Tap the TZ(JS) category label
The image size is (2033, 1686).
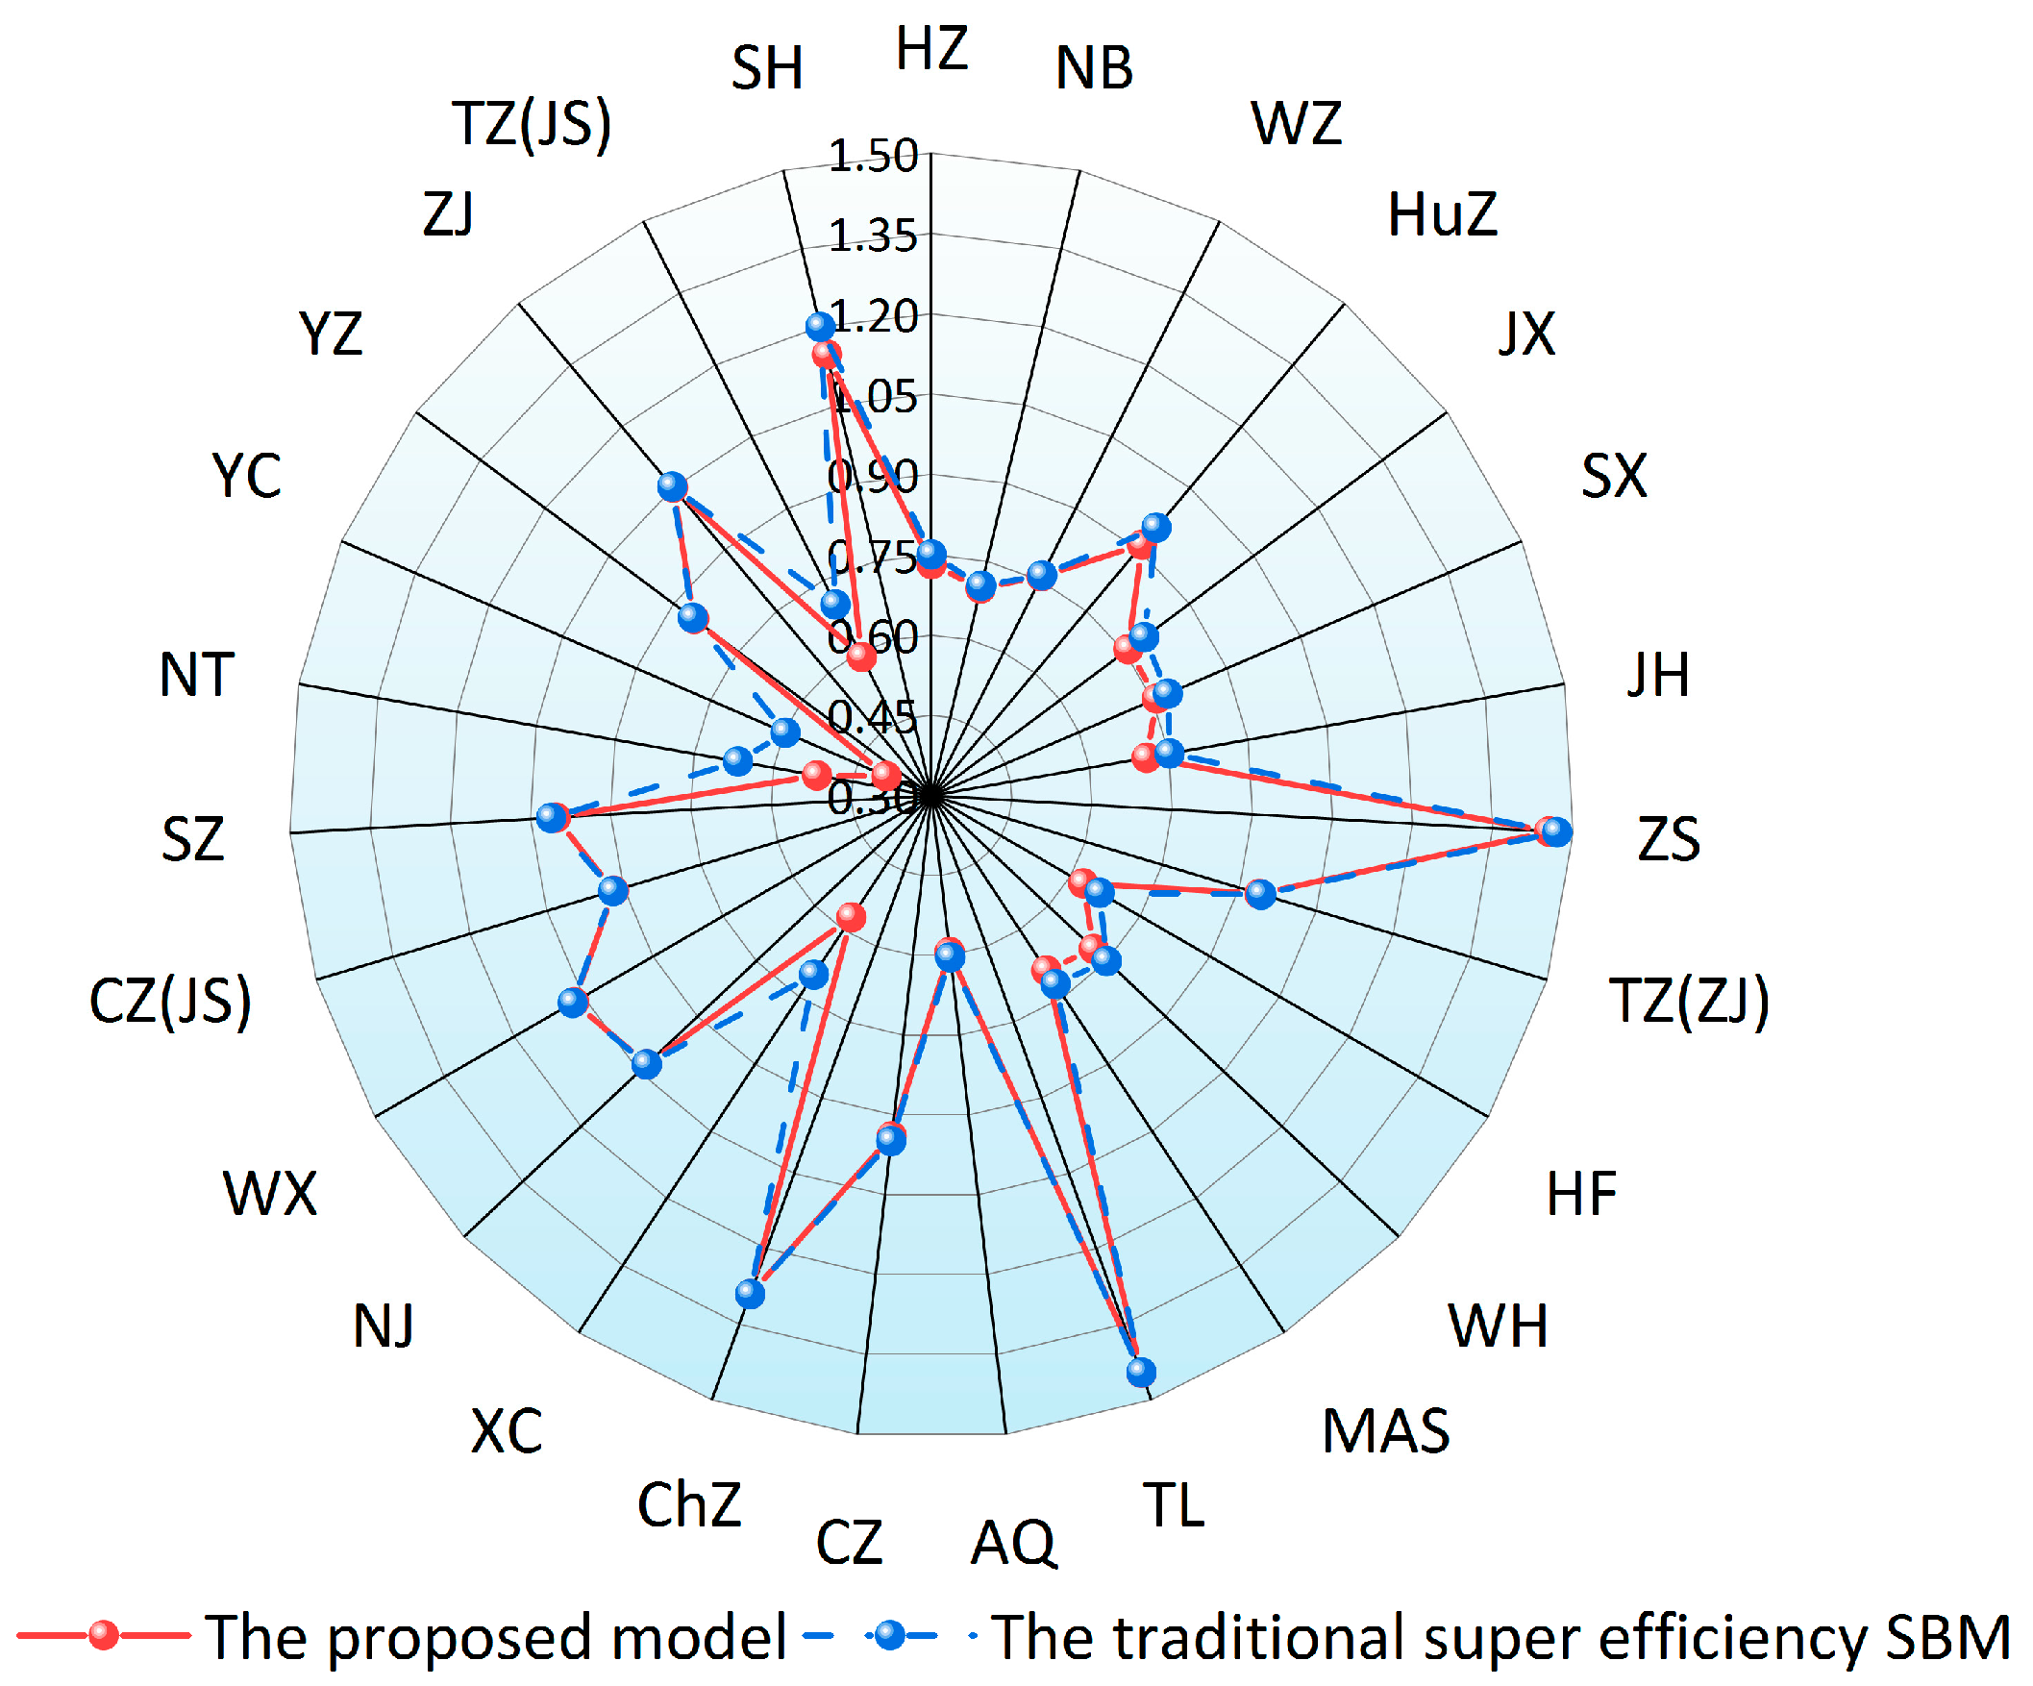pyautogui.click(x=532, y=125)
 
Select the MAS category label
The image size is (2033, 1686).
pyautogui.click(x=1385, y=1431)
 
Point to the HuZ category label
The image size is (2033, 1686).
pyautogui.click(x=1442, y=215)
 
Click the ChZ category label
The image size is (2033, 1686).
pyautogui.click(x=689, y=1506)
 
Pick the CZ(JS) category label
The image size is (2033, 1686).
pyautogui.click(x=170, y=1001)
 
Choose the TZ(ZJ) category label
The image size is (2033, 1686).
pyautogui.click(x=1688, y=1001)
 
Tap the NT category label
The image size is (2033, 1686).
pyautogui.click(x=196, y=675)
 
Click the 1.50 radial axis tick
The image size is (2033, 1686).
pyautogui.click(x=872, y=157)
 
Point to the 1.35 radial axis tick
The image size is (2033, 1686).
pyautogui.click(x=872, y=237)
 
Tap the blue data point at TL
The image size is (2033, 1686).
pyautogui.click(x=1141, y=1372)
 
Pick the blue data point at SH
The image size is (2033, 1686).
pyautogui.click(x=821, y=325)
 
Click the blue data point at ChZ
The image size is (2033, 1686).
pyautogui.click(x=750, y=1293)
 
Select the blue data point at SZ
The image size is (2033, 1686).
pyautogui.click(x=551, y=817)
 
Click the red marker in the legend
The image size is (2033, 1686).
pyautogui.click(x=104, y=1636)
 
